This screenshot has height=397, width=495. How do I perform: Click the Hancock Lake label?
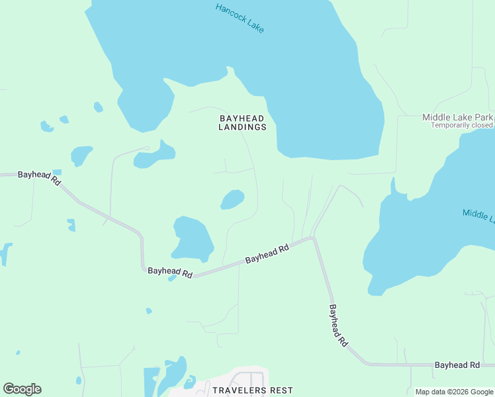point(240,18)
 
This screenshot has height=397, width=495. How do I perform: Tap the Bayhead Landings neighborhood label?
point(243,122)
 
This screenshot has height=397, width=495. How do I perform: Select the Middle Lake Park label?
point(457,117)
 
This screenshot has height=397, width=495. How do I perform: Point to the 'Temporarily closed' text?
point(462,125)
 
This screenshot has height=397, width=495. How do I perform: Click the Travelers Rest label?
point(253,390)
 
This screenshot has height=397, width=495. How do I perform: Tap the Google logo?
point(22,389)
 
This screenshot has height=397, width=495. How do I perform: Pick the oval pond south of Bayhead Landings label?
point(232,199)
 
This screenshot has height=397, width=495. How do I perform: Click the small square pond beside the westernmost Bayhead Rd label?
point(57,173)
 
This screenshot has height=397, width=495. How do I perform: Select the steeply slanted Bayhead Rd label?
point(338,326)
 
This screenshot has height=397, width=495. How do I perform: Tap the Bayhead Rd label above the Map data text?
point(457,365)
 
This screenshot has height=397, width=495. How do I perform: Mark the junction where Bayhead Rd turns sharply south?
point(313,238)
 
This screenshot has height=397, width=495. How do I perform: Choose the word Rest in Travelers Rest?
point(281,390)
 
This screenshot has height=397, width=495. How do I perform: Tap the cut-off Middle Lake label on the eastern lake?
point(478,214)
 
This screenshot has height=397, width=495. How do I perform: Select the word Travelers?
point(239,390)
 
